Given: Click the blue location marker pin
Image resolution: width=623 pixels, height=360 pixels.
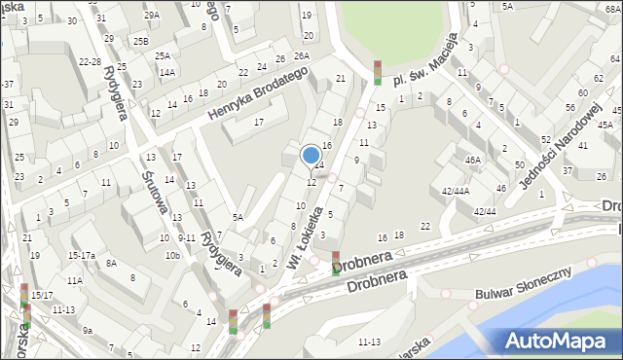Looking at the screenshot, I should coord(311,156).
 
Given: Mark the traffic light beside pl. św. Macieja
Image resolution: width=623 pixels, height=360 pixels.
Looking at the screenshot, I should coord(378,71).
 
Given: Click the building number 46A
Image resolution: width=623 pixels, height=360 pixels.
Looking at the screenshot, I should coord(473,160).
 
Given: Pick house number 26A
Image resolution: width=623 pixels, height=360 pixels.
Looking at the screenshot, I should coord(302,56).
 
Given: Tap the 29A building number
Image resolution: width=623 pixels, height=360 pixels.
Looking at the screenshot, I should coord(151,16).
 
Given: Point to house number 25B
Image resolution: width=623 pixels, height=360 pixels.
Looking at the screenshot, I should coord(142,41).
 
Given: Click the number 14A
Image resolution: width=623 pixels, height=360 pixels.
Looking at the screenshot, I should coord(166,72).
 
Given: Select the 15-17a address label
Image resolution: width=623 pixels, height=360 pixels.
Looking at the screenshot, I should coord(81,255).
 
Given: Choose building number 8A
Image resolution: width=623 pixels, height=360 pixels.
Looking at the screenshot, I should coord(112,263).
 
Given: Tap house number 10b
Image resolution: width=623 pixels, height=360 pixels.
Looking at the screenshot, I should coord(172,255).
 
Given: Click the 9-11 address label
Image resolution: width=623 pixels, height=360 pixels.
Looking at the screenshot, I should coord(187,237).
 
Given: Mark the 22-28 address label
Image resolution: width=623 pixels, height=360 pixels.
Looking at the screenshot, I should coord(90,61).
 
